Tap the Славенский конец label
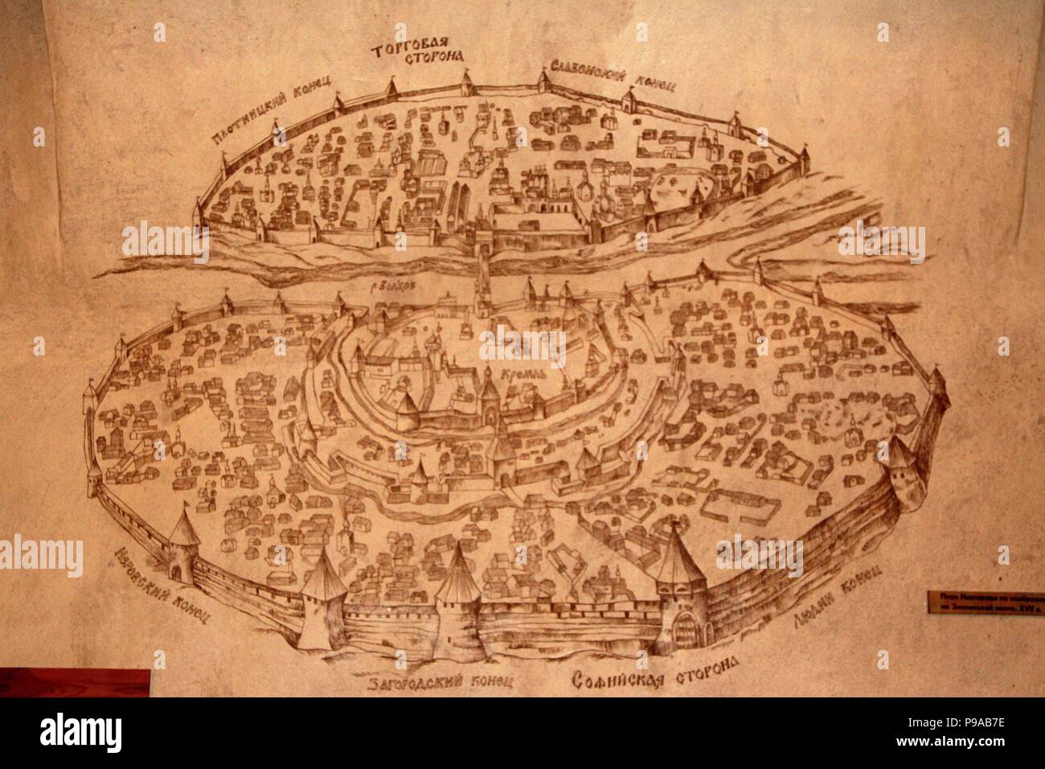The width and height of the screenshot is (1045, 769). coord(613,76)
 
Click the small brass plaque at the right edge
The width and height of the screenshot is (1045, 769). coord(985,602)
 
